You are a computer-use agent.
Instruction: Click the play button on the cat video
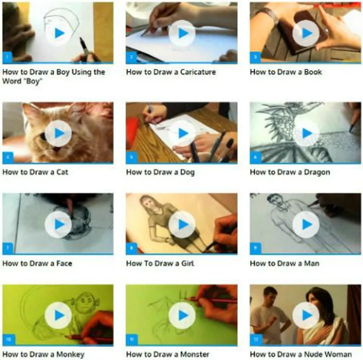click(58, 133)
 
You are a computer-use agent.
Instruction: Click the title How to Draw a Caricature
click(171, 72)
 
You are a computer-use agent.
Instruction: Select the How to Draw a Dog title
click(160, 172)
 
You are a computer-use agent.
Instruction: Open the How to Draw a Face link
click(37, 264)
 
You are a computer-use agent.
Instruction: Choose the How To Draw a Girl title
click(160, 264)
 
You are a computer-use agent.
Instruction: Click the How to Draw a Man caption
click(284, 264)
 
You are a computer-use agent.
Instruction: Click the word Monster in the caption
click(194, 354)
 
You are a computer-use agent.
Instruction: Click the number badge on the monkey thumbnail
click(8, 340)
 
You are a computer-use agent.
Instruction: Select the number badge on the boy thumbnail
click(7, 58)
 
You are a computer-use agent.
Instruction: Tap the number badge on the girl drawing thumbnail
click(132, 248)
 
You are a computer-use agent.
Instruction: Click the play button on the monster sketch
click(182, 315)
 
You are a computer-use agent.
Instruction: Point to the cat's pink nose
click(57, 149)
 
